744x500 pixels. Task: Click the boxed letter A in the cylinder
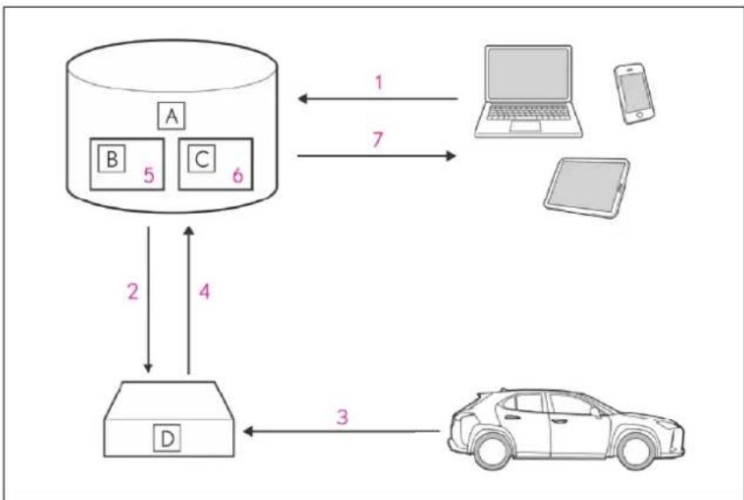(x=171, y=116)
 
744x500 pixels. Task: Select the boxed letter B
(x=112, y=158)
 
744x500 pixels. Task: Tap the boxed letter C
(x=201, y=158)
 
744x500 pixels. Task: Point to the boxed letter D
(x=167, y=438)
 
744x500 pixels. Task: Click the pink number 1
(x=379, y=83)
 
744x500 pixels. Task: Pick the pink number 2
(x=133, y=291)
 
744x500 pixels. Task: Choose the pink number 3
(x=342, y=417)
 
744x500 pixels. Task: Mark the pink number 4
(x=205, y=291)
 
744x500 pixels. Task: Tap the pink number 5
(x=149, y=175)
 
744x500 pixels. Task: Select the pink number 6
(x=237, y=175)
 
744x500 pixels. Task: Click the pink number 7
(x=377, y=139)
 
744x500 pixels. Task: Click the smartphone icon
(x=634, y=93)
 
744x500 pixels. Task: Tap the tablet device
(x=587, y=188)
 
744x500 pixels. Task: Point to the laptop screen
(x=529, y=74)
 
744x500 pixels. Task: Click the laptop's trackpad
(x=525, y=126)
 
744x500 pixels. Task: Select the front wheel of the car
(x=635, y=450)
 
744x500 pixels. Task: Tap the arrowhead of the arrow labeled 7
(x=451, y=155)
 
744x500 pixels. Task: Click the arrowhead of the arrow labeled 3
(x=248, y=431)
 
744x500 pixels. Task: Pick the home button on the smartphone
(x=640, y=115)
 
